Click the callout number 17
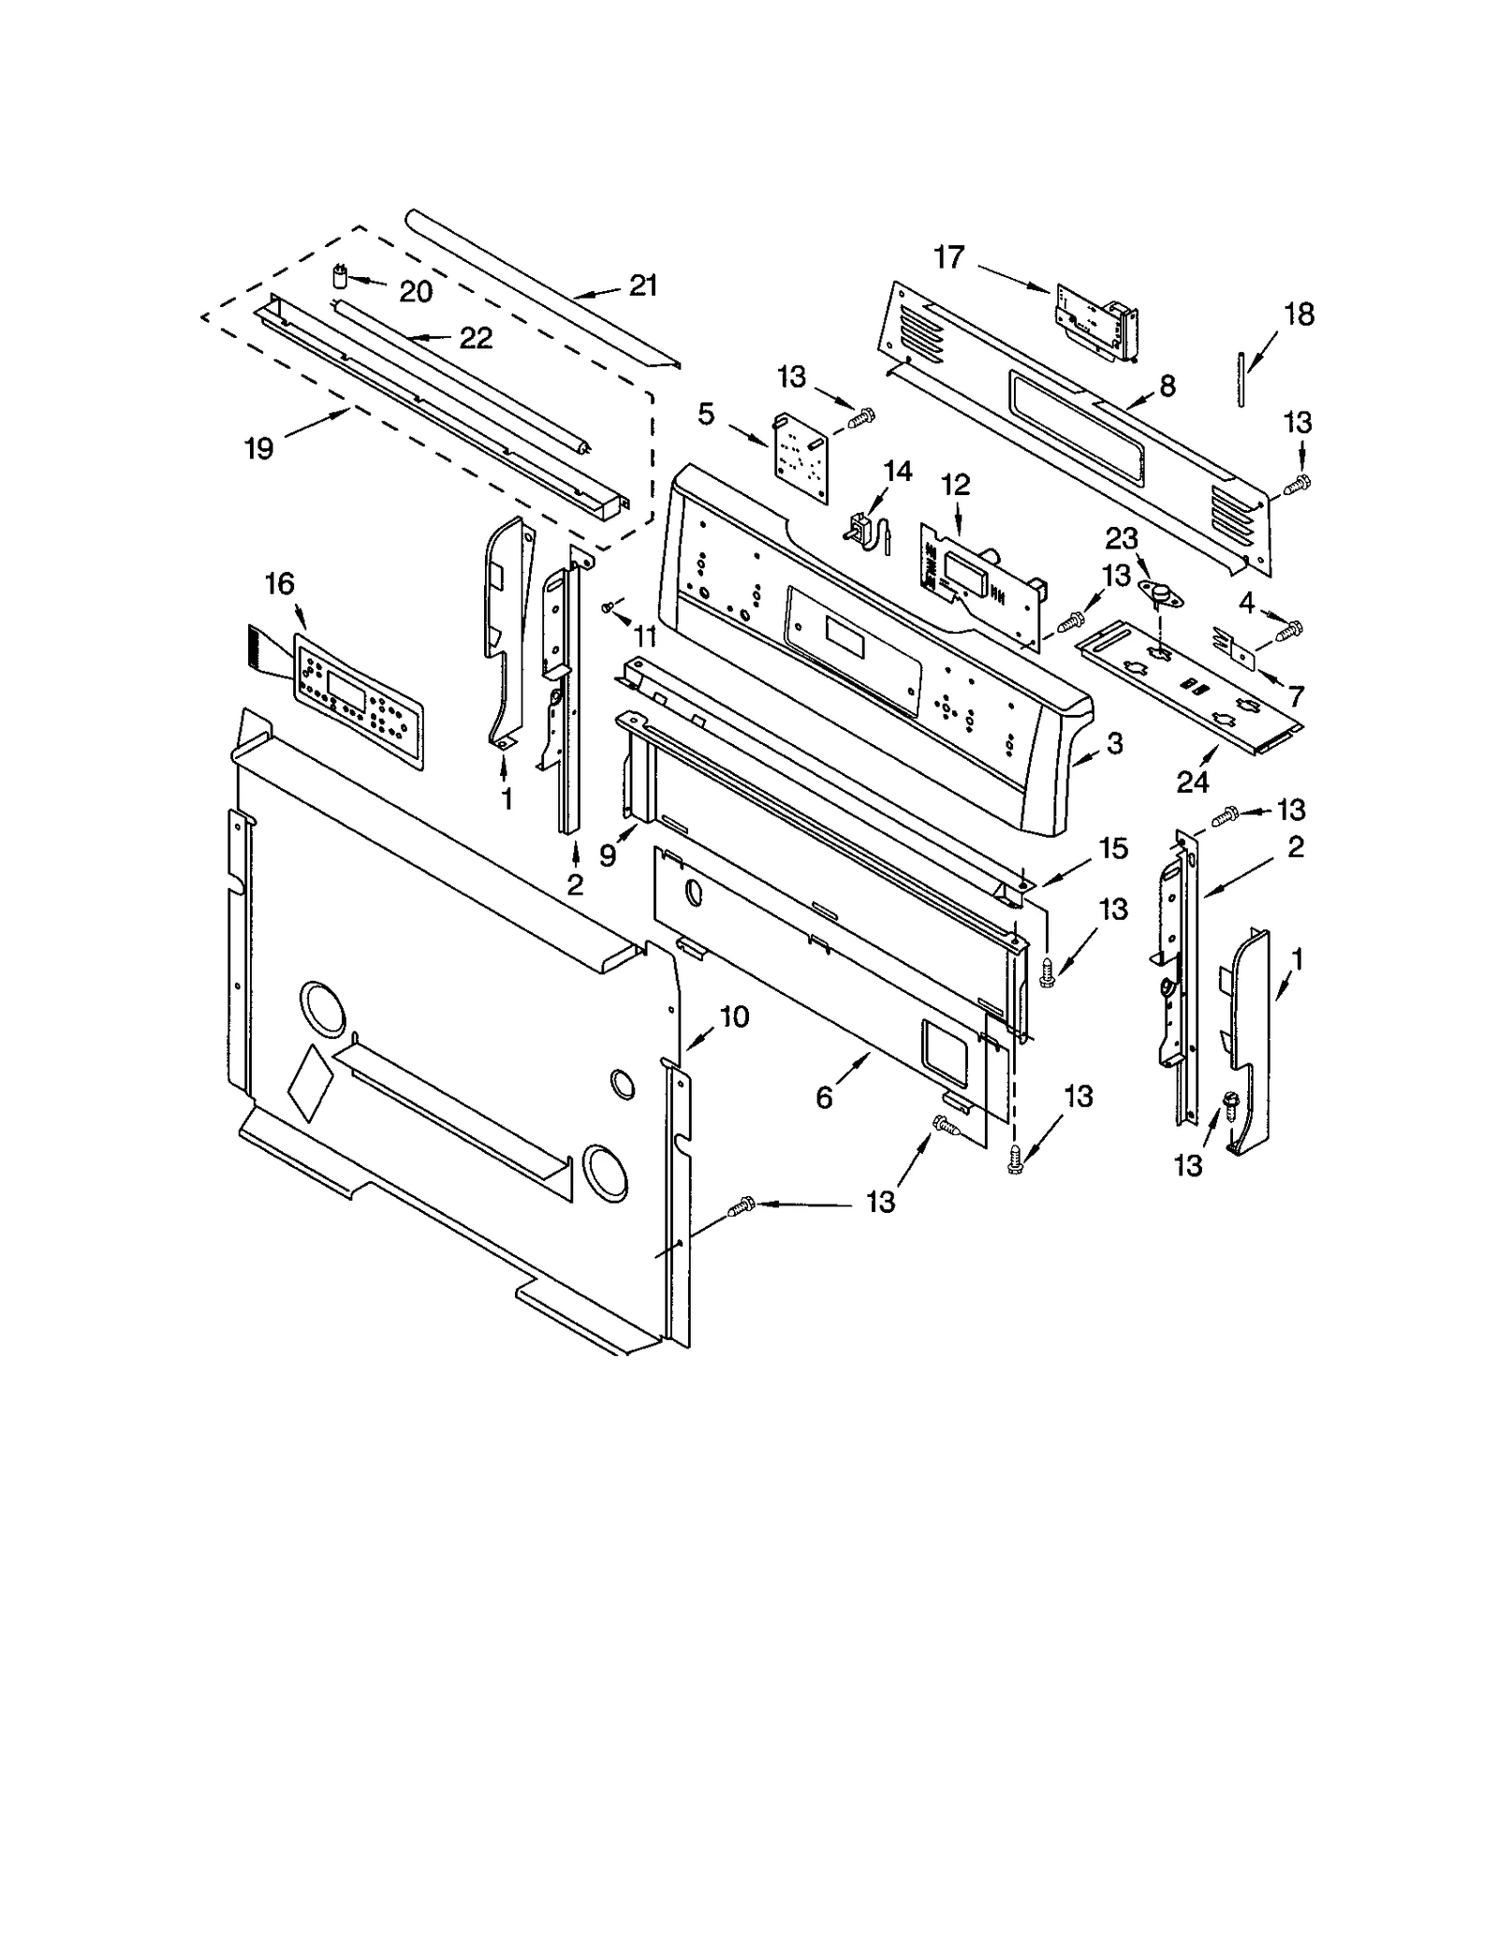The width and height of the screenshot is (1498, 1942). [x=948, y=256]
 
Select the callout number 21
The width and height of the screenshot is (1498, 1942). [x=643, y=285]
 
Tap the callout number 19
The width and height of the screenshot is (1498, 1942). [x=258, y=448]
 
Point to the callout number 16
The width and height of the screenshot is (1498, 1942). [x=279, y=584]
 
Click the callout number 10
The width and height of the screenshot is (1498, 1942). [x=735, y=1016]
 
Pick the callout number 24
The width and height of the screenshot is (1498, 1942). [x=1193, y=781]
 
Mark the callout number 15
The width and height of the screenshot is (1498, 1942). [x=1113, y=848]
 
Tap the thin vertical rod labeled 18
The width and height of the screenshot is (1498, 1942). [x=1240, y=379]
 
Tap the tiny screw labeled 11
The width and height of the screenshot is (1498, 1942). [x=609, y=608]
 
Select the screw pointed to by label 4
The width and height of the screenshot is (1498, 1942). [x=1296, y=625]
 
